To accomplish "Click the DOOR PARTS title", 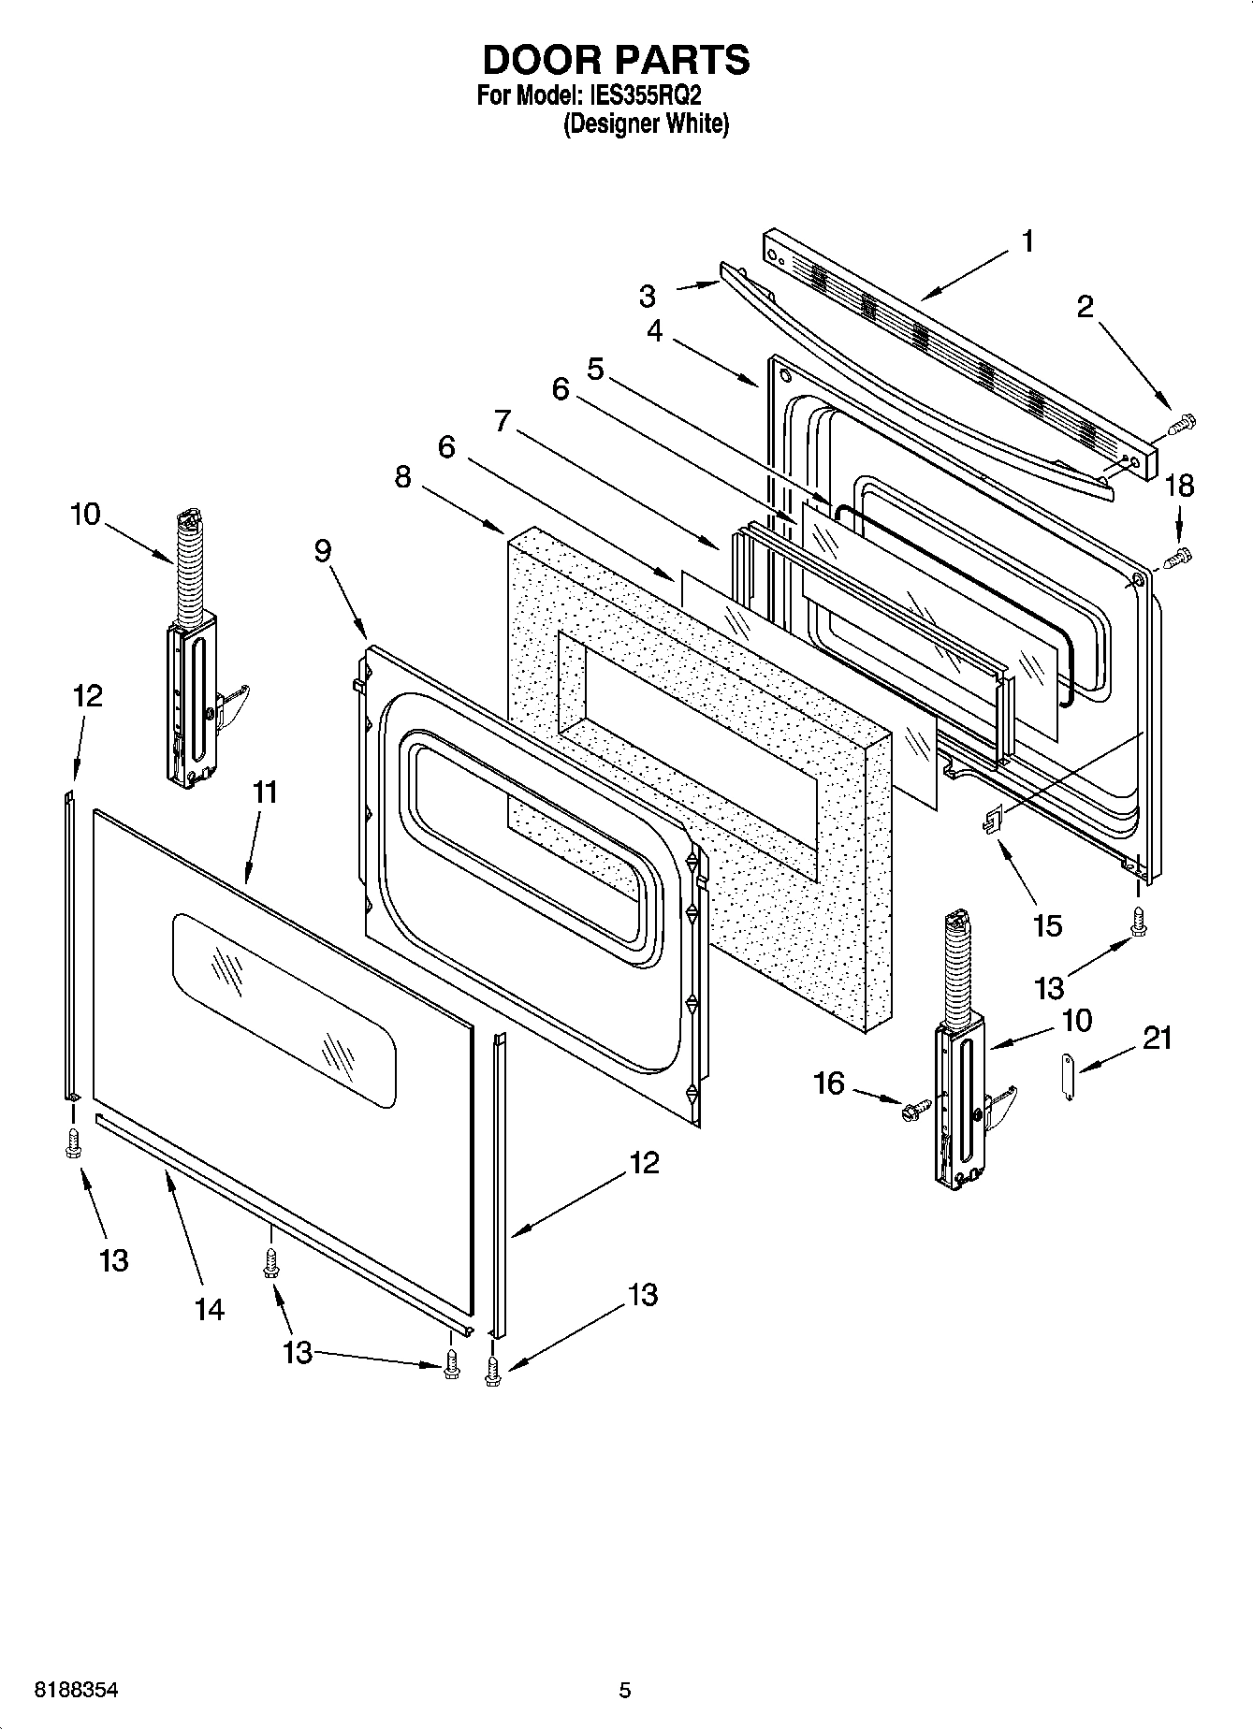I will [616, 60].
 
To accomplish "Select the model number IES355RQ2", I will [645, 95].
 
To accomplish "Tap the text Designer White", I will [645, 124].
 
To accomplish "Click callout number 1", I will [1027, 241].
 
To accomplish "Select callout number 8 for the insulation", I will [402, 477].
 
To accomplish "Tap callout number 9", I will [322, 551].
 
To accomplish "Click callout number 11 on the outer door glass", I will [265, 792].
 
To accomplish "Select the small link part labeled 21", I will [1071, 1077].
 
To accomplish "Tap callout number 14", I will [210, 1309].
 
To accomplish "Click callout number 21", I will [1158, 1038].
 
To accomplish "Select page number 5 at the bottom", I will [625, 1690].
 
